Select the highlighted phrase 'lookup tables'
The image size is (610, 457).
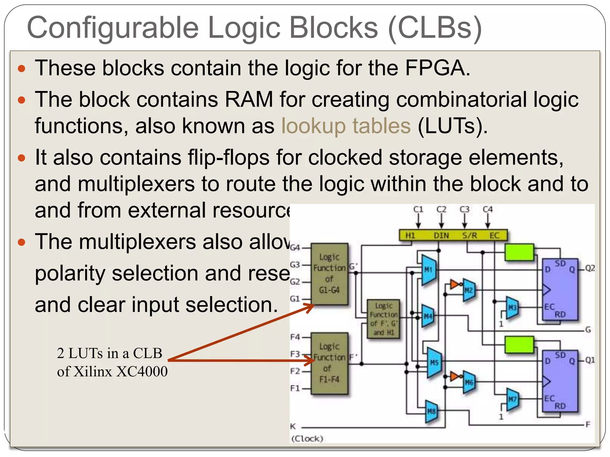click(346, 126)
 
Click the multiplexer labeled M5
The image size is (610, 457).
click(434, 362)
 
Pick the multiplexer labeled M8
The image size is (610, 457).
click(431, 411)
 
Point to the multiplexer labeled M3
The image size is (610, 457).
click(512, 307)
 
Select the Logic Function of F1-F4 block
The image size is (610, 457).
click(329, 363)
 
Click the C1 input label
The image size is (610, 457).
click(418, 209)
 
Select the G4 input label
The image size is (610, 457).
click(295, 248)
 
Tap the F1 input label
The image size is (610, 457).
click(295, 389)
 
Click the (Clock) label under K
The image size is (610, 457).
click(307, 439)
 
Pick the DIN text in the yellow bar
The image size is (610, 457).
click(441, 236)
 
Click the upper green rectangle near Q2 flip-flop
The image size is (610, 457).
click(519, 252)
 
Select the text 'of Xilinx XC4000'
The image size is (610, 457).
click(112, 372)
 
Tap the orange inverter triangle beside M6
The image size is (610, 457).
click(454, 377)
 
